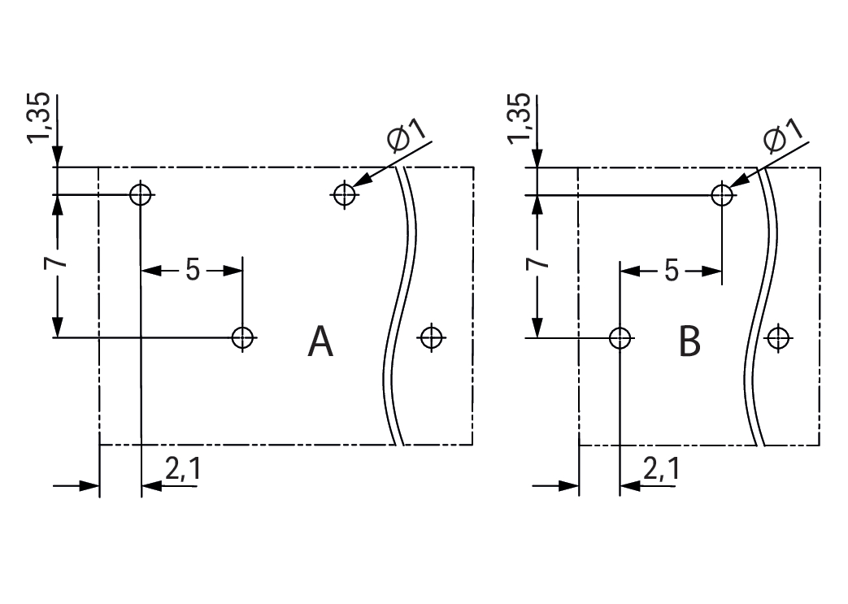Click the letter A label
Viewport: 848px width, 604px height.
[321, 342]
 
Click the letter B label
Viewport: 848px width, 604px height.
[689, 342]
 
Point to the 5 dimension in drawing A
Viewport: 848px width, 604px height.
[192, 270]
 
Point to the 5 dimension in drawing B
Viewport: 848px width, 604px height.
[671, 270]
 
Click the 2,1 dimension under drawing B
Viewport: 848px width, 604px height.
[661, 469]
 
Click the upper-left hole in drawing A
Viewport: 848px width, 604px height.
[141, 194]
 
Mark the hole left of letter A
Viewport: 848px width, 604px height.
[242, 337]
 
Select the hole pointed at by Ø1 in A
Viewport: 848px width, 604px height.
[345, 194]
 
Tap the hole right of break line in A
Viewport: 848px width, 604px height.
[430, 337]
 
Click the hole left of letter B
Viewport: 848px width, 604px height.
[620, 337]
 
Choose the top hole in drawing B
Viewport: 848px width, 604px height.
[721, 194]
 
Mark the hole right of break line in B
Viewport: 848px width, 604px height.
[778, 337]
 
